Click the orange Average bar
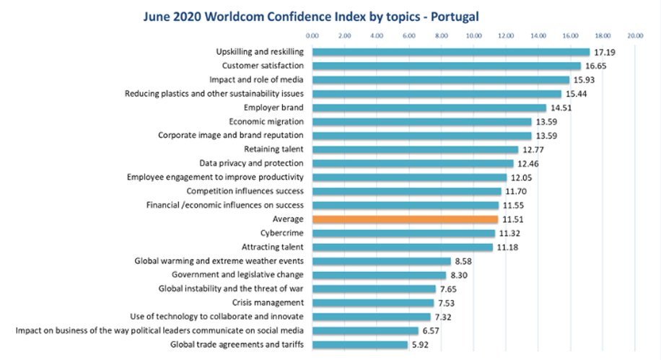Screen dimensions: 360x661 coord(405,219)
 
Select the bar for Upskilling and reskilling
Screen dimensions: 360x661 coord(451,52)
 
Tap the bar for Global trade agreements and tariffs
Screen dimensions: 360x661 coord(360,344)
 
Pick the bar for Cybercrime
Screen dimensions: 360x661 coord(403,233)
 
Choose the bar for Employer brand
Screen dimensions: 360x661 coord(429,107)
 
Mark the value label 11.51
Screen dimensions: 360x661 coord(513,219)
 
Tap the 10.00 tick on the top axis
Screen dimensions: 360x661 coord(474,35)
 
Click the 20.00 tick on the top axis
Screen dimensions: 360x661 coord(635,35)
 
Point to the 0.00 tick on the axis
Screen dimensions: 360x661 coord(312,35)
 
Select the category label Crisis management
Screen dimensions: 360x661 coord(268,302)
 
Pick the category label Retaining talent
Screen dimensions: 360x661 coord(273,149)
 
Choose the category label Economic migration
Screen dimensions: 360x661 coord(266,121)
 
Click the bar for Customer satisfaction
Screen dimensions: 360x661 coord(447,66)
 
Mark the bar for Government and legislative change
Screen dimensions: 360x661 coord(379,274)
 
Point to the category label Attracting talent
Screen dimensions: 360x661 coord(273,247)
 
